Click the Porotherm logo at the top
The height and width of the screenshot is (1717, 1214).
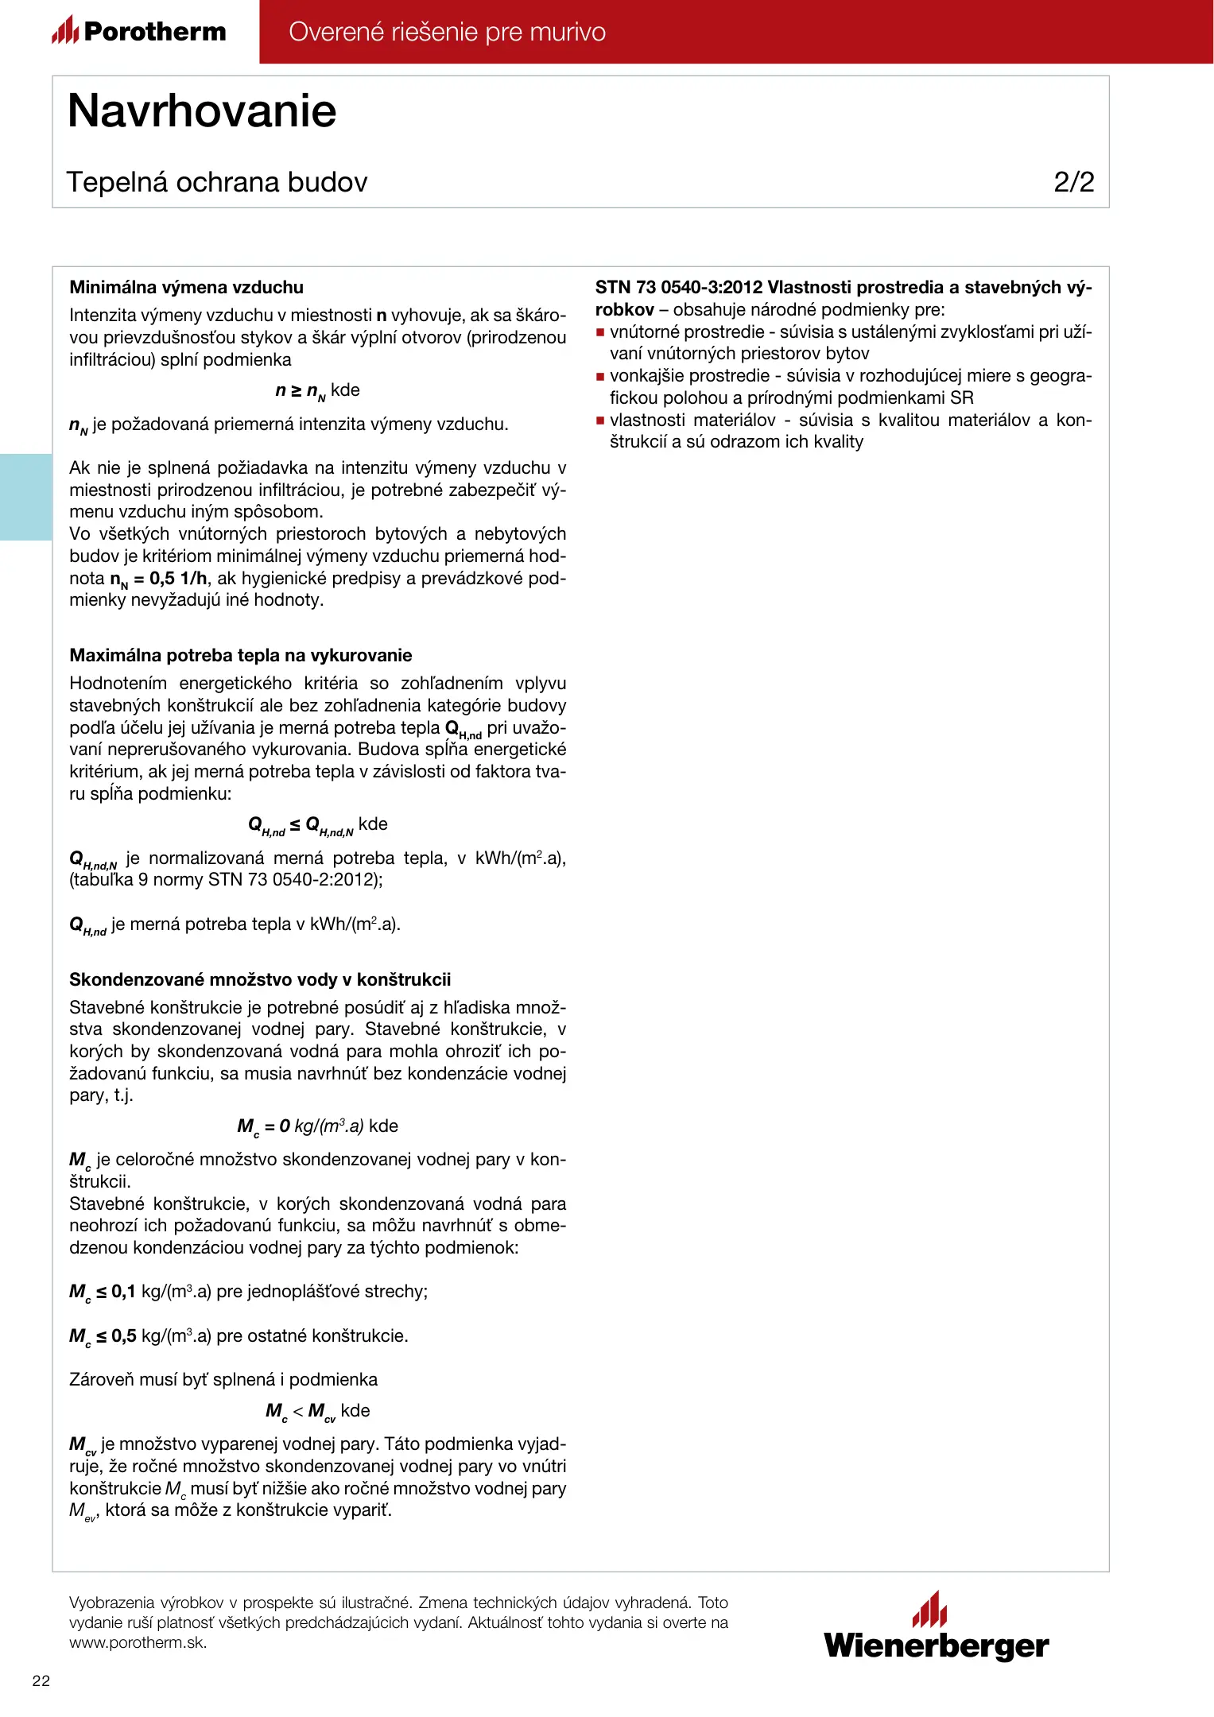pyautogui.click(x=139, y=31)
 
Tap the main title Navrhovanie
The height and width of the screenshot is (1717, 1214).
pyautogui.click(x=202, y=110)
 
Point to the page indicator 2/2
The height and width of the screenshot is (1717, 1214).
pyautogui.click(x=1073, y=182)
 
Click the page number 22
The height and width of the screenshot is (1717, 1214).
pyautogui.click(x=41, y=1680)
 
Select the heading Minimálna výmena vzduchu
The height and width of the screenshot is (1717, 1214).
pyautogui.click(x=186, y=287)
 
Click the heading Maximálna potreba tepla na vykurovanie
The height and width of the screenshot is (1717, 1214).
pyautogui.click(x=240, y=655)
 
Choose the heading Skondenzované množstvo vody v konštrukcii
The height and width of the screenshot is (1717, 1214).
pyautogui.click(x=260, y=979)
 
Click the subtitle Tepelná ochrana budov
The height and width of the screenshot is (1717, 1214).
pyautogui.click(x=217, y=182)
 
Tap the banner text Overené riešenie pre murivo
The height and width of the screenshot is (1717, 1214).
pyautogui.click(x=447, y=32)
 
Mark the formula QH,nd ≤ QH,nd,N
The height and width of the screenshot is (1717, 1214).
pyautogui.click(x=301, y=825)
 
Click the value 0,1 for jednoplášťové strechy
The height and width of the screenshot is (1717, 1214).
pyautogui.click(x=123, y=1292)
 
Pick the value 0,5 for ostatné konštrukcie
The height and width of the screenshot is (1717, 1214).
pyautogui.click(x=123, y=1336)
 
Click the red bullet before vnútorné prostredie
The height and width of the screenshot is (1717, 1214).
pyautogui.click(x=601, y=332)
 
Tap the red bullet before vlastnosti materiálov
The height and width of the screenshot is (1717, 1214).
pyautogui.click(x=601, y=421)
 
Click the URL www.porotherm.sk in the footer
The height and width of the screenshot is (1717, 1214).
pyautogui.click(x=138, y=1643)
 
